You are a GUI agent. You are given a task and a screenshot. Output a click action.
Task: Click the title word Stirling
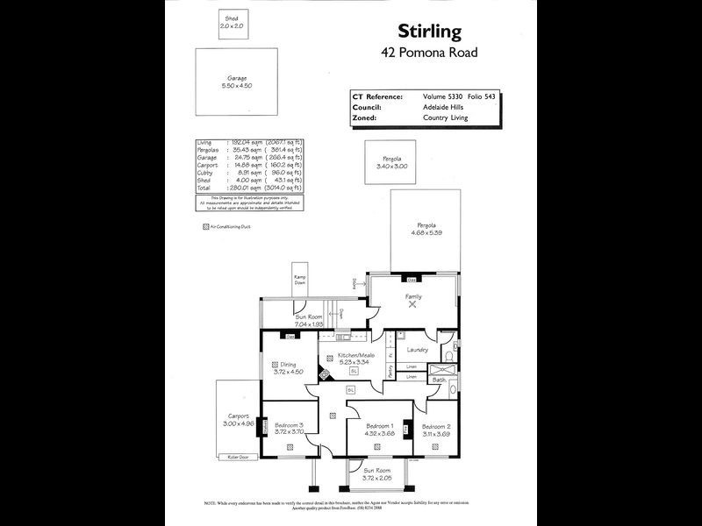pyautogui.click(x=430, y=32)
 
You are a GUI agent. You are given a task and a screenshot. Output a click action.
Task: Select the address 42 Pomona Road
pyautogui.click(x=430, y=53)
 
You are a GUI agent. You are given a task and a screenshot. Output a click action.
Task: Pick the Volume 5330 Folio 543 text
pyautogui.click(x=460, y=96)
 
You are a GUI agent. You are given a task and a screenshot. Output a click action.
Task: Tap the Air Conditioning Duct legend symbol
pyautogui.click(x=206, y=225)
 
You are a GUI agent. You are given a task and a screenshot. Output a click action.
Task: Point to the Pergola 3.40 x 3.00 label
pyautogui.click(x=391, y=164)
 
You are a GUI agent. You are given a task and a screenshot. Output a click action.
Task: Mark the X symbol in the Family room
pyautogui.click(x=412, y=306)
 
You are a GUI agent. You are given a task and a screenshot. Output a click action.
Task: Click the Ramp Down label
pyautogui.click(x=300, y=281)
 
